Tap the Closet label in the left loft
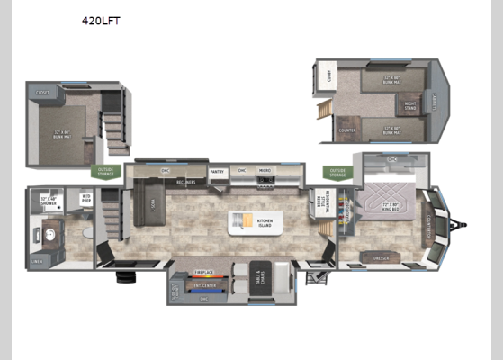coord(42,91)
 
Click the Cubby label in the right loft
coord(330,76)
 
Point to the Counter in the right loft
coord(347,130)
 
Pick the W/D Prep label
coord(86,198)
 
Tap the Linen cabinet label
coord(36,261)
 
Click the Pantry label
coord(217,172)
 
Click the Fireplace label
coord(204,270)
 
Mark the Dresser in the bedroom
coord(379,257)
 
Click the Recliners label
coord(186,181)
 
